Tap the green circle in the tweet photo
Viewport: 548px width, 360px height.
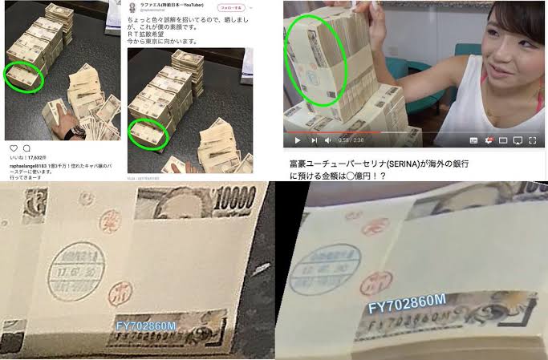147,131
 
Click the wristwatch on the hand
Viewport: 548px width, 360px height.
76,131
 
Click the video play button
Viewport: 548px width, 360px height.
297,140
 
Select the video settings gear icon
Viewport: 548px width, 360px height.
488,140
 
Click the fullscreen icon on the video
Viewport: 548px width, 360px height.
534,140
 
